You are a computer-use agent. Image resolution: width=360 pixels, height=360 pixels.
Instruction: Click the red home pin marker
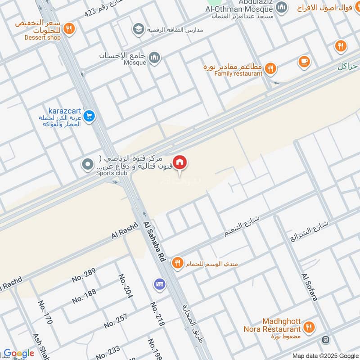(180, 162)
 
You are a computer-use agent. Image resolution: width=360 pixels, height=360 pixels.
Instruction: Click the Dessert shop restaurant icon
(68, 29)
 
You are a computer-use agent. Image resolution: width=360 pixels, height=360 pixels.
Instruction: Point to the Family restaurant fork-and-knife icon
(270, 68)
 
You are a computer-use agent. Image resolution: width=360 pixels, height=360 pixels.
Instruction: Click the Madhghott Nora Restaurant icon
(309, 328)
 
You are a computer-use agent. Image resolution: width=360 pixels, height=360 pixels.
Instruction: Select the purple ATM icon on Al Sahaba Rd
(158, 284)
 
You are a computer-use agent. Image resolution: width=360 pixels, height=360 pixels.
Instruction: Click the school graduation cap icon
(138, 30)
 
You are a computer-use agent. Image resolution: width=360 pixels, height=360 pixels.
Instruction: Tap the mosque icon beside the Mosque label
(154, 58)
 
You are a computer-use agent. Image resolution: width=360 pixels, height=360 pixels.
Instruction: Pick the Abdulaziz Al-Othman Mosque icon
(282, 7)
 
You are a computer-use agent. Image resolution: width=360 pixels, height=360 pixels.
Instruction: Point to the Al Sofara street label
(310, 287)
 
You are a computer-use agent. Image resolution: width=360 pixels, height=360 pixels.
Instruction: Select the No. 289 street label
(84, 275)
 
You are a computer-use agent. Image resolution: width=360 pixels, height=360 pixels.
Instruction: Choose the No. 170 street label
(45, 312)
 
